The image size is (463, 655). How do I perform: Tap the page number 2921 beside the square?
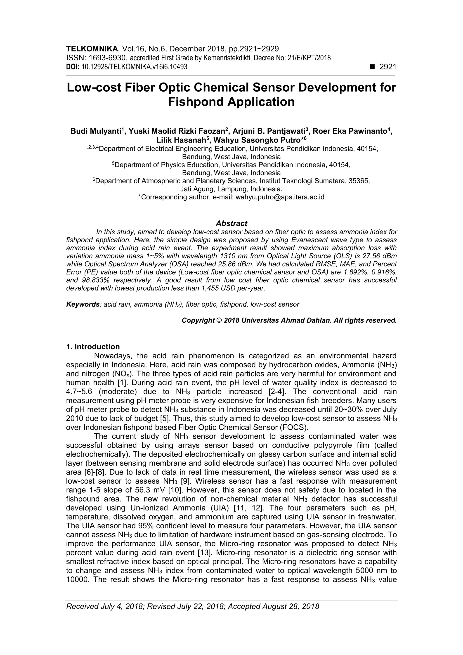388,67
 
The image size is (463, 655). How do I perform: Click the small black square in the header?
372,67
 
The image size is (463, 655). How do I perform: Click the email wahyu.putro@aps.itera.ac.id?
280,197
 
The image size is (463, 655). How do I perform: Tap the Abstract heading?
231,223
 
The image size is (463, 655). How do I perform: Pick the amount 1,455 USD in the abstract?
219,288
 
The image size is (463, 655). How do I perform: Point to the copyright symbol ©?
219,320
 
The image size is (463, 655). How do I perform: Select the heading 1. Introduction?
93,347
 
